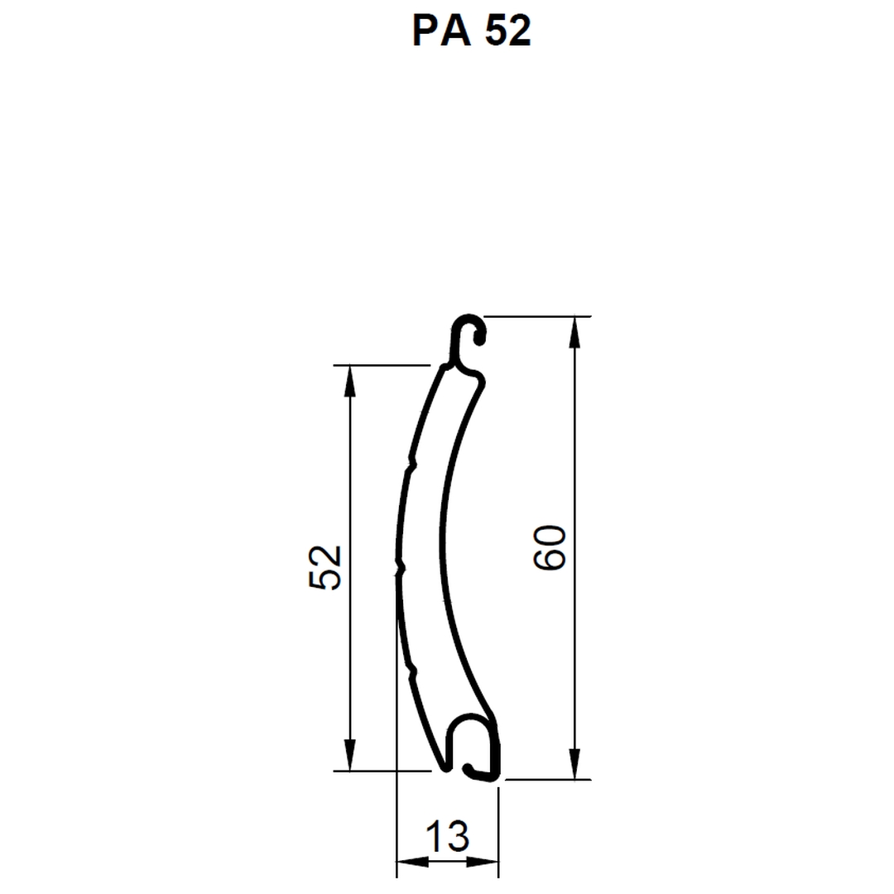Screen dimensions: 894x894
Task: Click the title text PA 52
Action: tap(472, 31)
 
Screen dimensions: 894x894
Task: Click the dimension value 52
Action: tap(325, 567)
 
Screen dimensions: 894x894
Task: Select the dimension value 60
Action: tap(550, 548)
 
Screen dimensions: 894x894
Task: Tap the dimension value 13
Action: tap(448, 836)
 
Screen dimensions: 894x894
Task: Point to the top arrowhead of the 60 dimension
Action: tap(574, 332)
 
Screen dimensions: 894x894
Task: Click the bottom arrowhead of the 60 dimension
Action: tap(574, 763)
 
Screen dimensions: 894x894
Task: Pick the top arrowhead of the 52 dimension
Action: tap(350, 380)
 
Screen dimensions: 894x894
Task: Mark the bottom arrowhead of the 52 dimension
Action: tap(350, 755)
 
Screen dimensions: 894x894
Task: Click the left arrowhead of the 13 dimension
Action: tap(412, 862)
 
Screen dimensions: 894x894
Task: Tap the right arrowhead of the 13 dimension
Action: tap(483, 862)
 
